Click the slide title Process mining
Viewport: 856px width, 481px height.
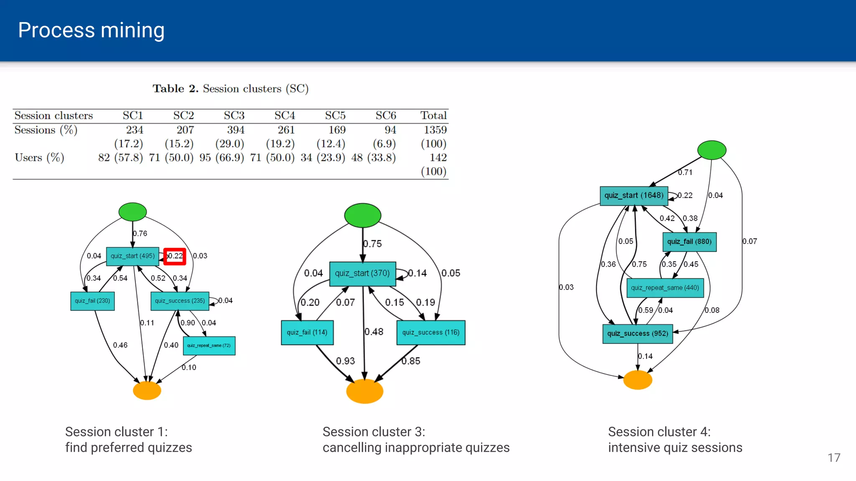[91, 30]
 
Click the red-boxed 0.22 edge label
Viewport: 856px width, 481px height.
[175, 256]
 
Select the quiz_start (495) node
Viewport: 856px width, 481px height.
[132, 256]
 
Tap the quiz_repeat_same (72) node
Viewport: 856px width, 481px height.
[209, 346]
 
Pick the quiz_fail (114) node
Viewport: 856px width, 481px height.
[307, 332]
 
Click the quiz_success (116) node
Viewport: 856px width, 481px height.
[431, 332]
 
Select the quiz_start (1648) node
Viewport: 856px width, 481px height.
[634, 195]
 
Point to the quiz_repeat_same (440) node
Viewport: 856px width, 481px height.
[665, 288]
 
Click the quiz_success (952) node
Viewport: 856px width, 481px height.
[637, 334]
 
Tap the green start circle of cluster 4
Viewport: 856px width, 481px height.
[712, 150]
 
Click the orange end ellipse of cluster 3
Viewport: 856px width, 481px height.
[364, 391]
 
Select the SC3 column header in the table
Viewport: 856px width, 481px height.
[234, 115]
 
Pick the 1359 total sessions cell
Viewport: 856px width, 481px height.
[435, 130]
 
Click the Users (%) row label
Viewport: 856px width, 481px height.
[39, 157]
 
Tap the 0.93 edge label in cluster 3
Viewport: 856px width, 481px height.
[345, 361]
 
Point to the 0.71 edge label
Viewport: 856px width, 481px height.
[685, 172]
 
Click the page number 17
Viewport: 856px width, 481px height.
[834, 458]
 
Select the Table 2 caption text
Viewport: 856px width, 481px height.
[230, 89]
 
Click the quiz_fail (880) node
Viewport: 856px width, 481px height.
[689, 242]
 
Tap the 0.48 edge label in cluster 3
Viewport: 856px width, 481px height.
[374, 332]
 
